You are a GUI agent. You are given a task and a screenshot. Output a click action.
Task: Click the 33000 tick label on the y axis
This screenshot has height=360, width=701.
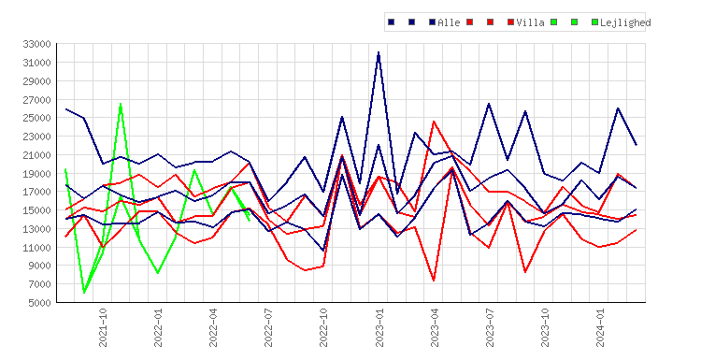[x=36, y=44]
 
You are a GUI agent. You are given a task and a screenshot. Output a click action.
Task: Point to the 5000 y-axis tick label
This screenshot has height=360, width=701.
[x=39, y=303]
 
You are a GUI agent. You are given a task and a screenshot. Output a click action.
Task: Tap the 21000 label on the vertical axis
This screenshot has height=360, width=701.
[x=36, y=155]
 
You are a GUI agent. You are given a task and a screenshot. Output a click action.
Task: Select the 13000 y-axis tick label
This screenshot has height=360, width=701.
[x=36, y=229]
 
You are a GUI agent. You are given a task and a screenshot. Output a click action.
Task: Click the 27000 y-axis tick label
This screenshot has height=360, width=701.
[x=36, y=100]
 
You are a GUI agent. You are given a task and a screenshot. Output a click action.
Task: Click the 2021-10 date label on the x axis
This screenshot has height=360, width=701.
[x=103, y=327]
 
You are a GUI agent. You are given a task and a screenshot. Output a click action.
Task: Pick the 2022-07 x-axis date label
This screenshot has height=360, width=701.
[x=268, y=327]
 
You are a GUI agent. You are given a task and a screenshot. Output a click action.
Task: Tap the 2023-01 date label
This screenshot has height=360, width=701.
[x=379, y=327]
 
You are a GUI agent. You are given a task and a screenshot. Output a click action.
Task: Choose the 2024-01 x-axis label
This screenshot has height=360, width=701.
[x=600, y=327]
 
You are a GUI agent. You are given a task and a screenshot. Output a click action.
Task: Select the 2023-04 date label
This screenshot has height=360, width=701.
[x=435, y=327]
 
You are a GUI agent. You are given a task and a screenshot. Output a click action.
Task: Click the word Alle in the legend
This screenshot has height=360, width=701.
[x=449, y=22]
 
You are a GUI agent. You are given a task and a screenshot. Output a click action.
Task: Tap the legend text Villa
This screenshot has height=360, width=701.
[x=530, y=22]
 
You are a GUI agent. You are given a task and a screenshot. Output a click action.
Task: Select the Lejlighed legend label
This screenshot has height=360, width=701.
[x=625, y=22]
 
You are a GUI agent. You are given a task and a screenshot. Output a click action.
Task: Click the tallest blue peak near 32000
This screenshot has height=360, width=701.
[x=379, y=52]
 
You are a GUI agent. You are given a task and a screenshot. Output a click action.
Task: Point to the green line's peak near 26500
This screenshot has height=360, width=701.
[x=121, y=104]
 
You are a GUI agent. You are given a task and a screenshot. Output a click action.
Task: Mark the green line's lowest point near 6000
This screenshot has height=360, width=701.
[x=84, y=293]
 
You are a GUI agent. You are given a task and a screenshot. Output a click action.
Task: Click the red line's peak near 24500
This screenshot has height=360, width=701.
[x=434, y=122]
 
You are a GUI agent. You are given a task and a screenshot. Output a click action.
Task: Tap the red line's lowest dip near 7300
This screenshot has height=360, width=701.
[x=434, y=281]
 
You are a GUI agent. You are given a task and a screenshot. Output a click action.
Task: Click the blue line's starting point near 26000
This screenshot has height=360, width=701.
[x=65, y=109]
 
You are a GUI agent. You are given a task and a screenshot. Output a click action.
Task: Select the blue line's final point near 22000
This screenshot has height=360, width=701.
[x=637, y=145]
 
